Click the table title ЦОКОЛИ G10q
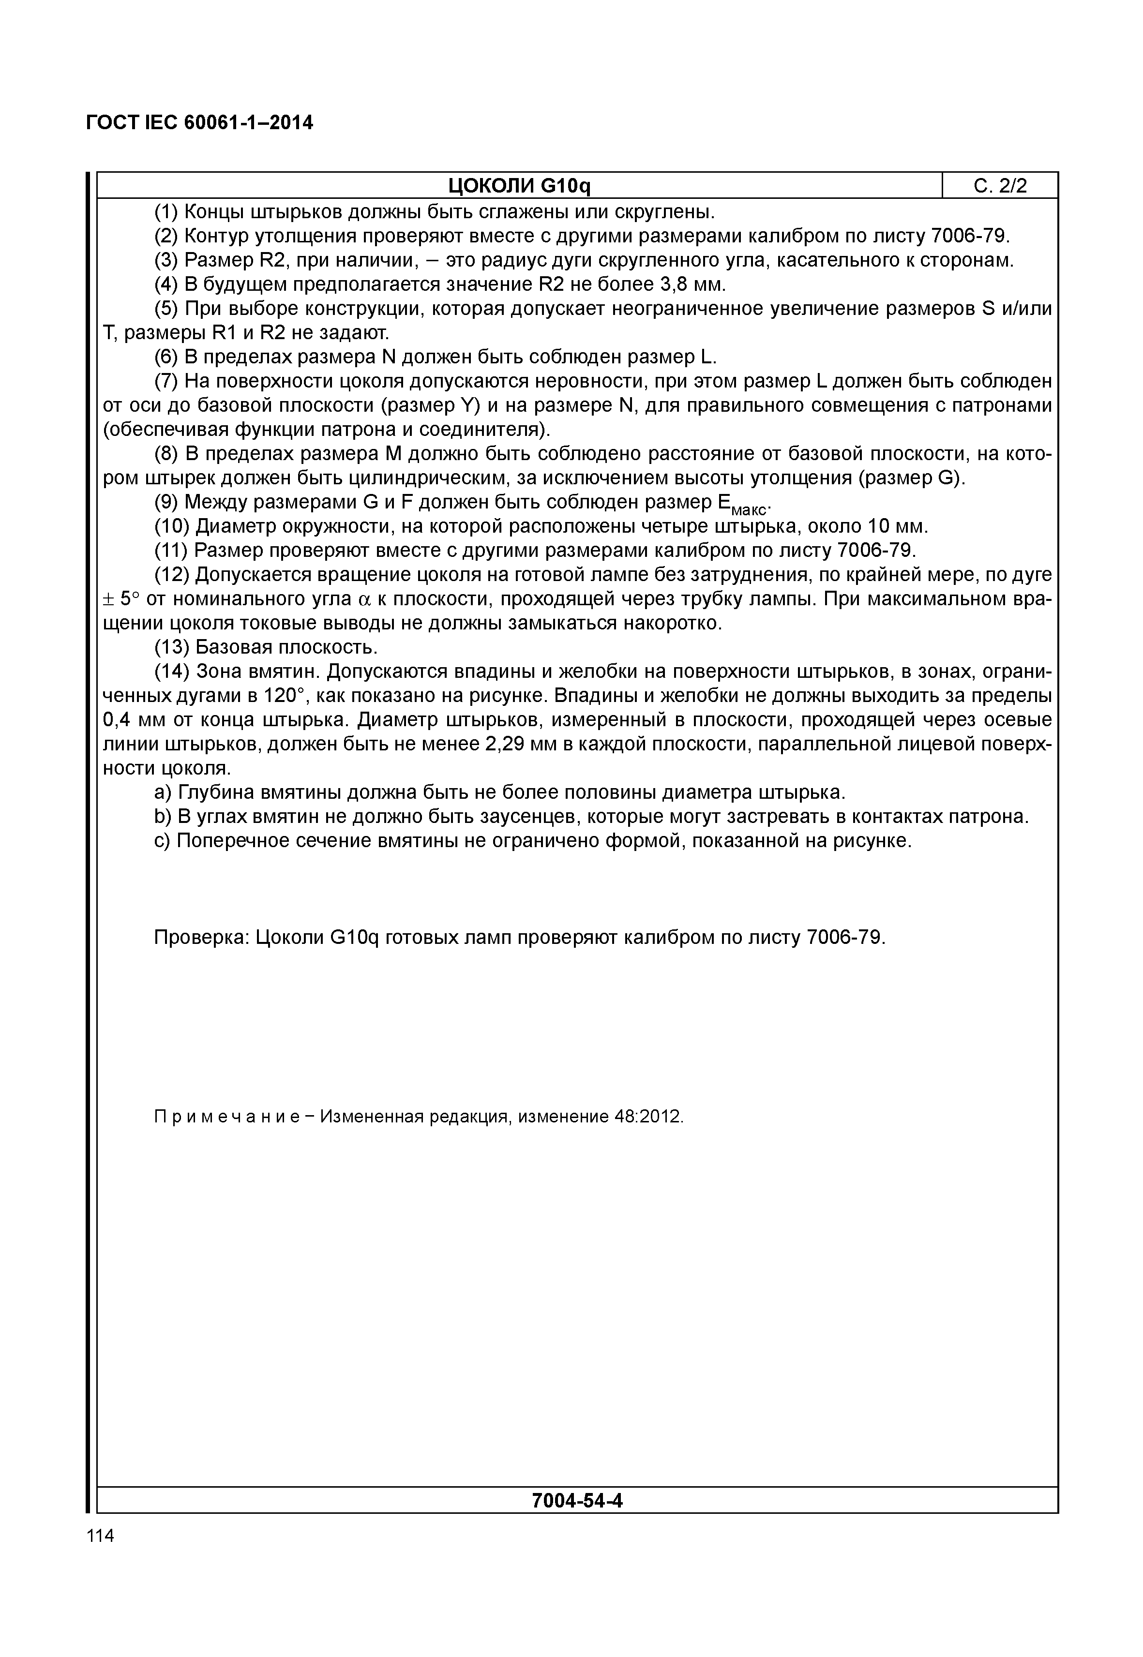519,186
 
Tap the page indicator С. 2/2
1000,186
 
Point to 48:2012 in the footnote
648,1117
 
